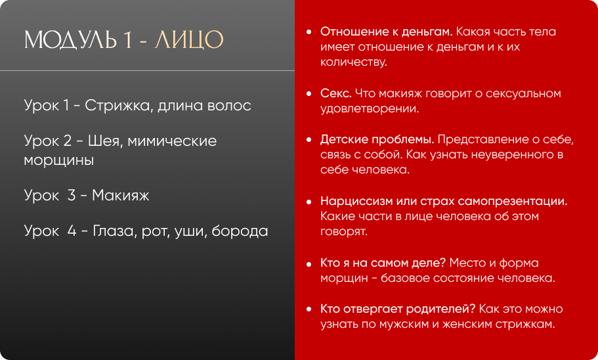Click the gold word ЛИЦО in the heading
[x=189, y=40]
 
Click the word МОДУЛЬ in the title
[x=70, y=40]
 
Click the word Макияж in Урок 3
[x=121, y=196]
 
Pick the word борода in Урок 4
[x=240, y=231]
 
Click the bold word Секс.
[x=335, y=93]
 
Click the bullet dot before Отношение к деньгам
[x=309, y=32]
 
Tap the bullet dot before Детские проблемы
[x=309, y=140]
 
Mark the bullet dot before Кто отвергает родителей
[x=309, y=309]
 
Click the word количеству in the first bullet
[x=354, y=62]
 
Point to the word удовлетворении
[x=370, y=109]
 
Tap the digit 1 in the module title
[x=127, y=40]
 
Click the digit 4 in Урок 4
[x=72, y=231]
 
